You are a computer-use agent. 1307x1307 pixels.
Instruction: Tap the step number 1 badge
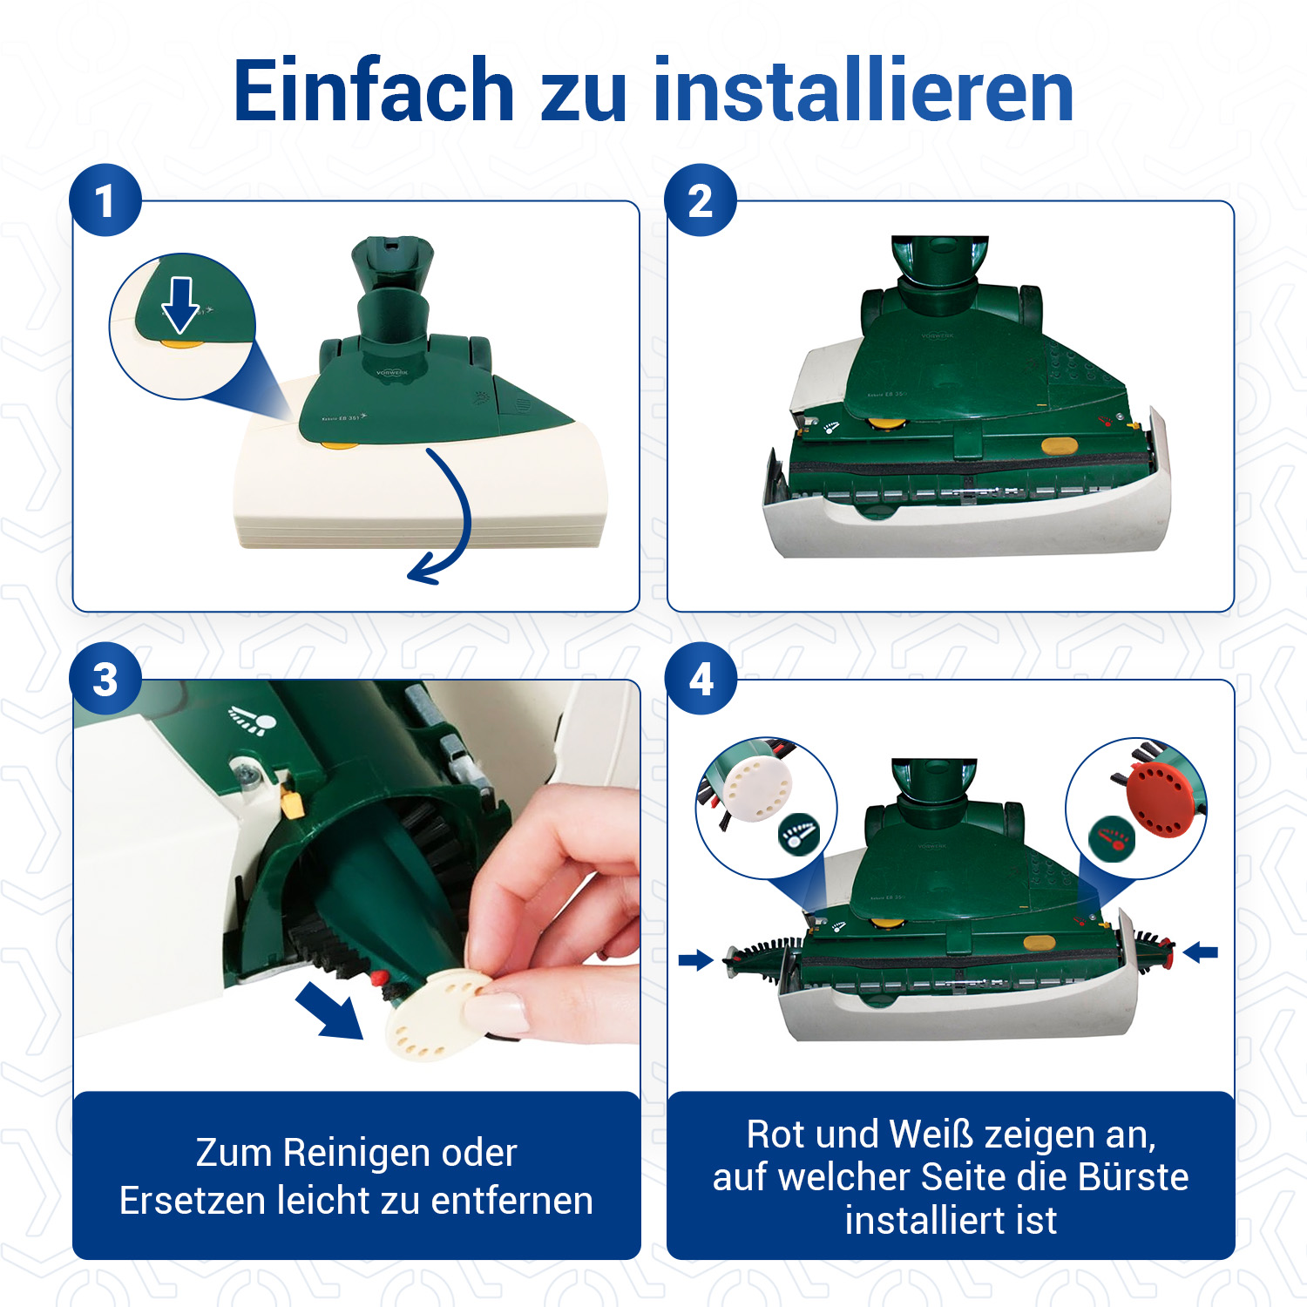(105, 200)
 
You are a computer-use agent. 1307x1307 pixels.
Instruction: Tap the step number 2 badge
(701, 200)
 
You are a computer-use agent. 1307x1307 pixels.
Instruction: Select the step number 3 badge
(105, 680)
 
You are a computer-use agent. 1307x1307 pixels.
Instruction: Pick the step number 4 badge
(701, 680)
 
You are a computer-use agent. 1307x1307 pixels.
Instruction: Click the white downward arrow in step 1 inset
(180, 305)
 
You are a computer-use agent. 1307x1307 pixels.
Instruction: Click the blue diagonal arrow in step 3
(330, 1010)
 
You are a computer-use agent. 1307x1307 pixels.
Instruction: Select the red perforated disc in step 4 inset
(1161, 799)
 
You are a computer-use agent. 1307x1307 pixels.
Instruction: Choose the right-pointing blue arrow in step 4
(696, 960)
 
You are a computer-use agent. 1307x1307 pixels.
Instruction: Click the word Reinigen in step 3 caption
(356, 1153)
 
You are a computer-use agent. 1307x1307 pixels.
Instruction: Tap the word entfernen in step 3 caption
(512, 1201)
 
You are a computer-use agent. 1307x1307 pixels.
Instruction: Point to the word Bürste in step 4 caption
(1134, 1176)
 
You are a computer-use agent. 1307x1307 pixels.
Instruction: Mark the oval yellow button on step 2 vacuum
(1060, 446)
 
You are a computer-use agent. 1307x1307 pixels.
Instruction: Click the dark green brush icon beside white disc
(799, 835)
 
